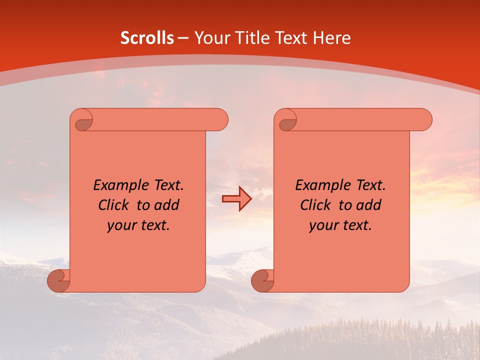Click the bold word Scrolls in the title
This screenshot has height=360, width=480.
(147, 38)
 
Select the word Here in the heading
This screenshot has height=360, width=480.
(332, 38)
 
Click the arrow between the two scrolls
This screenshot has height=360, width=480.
(236, 199)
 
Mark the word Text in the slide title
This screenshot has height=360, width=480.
(290, 38)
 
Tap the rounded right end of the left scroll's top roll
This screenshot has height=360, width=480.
(220, 119)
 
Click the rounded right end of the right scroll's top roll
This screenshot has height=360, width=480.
(424, 119)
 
